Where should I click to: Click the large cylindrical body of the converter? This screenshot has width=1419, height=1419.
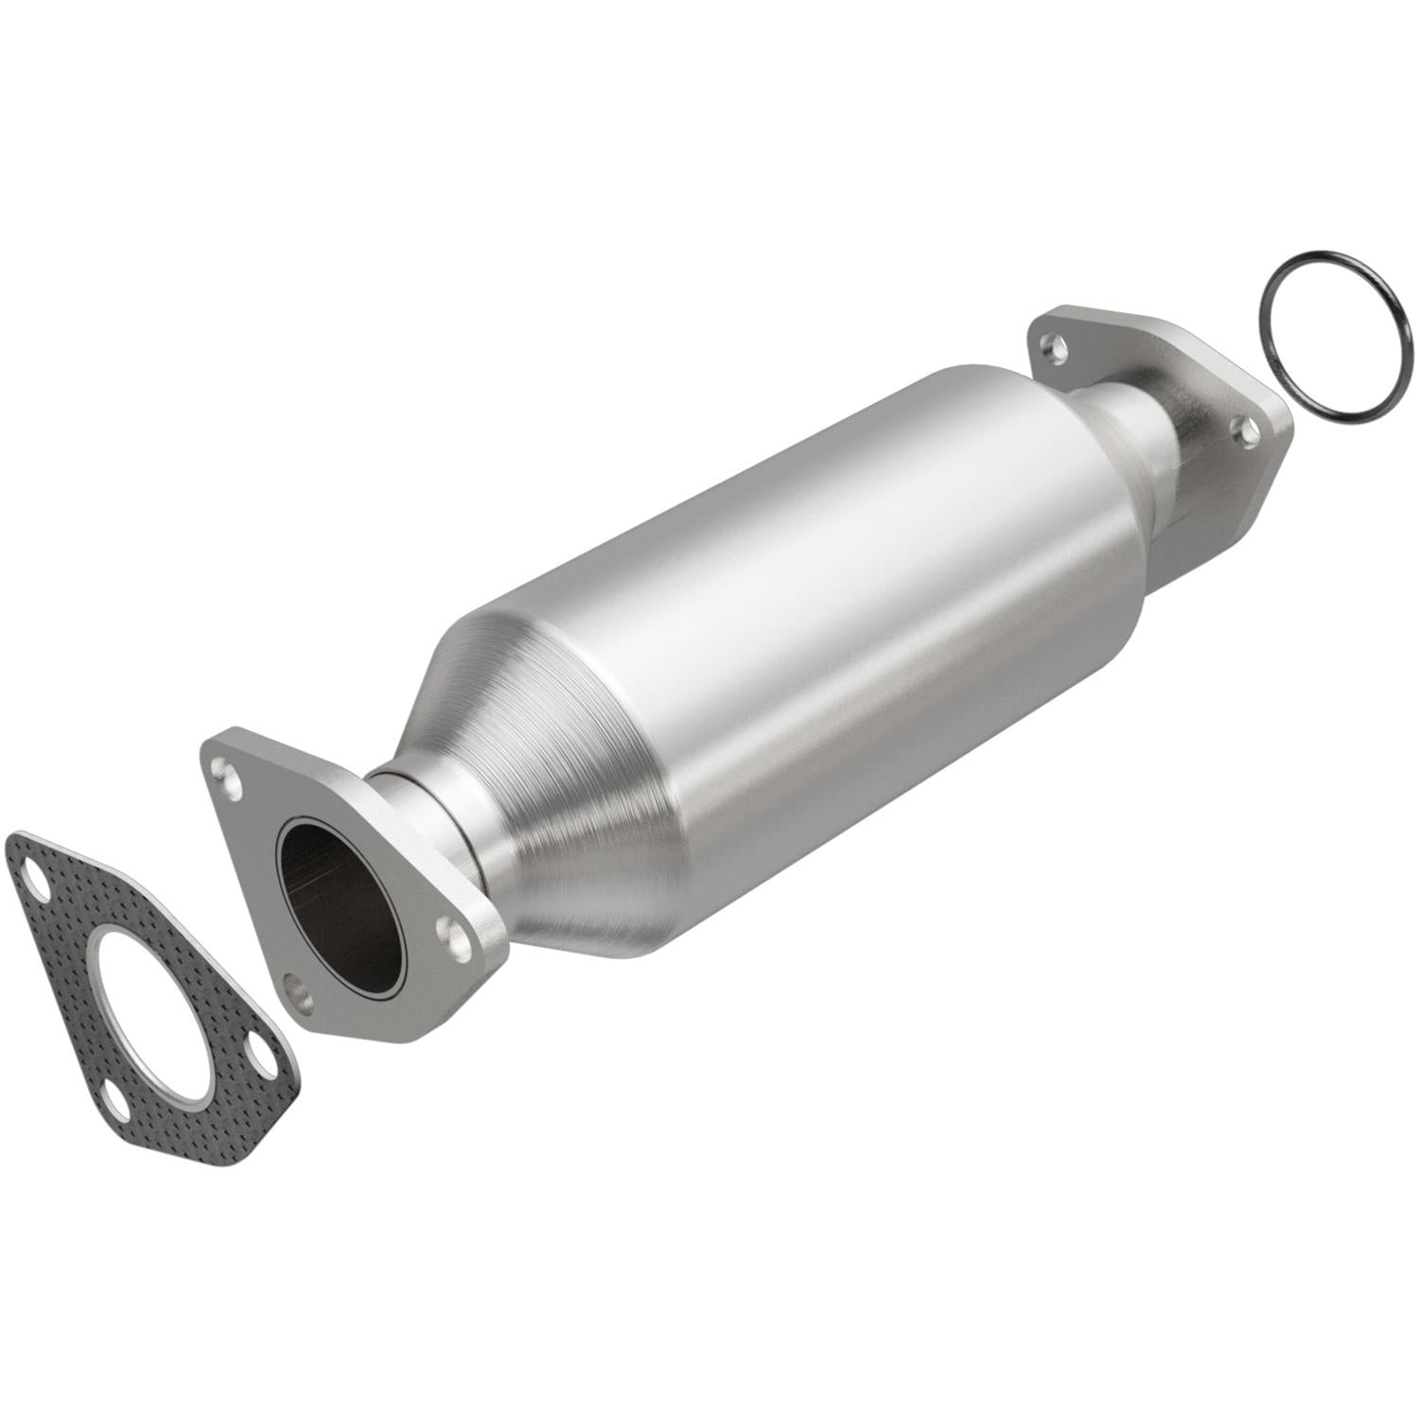tap(851, 605)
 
